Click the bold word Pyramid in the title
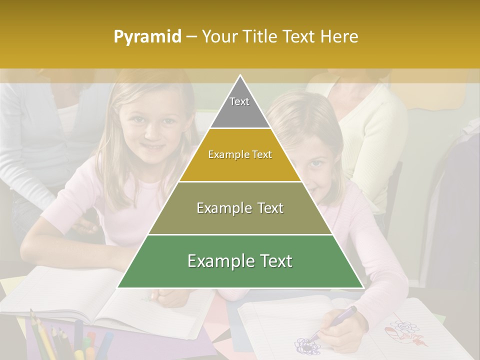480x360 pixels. coord(147,36)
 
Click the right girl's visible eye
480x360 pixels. coord(315,163)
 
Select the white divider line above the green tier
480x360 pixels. coord(240,234)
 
